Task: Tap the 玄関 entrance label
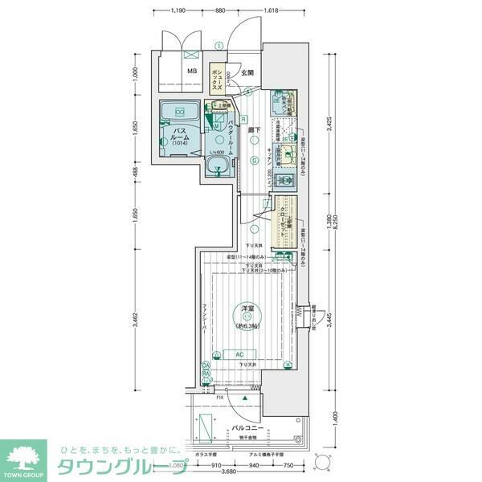(x=246, y=72)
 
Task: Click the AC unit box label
(x=240, y=353)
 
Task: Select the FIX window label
(x=219, y=397)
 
